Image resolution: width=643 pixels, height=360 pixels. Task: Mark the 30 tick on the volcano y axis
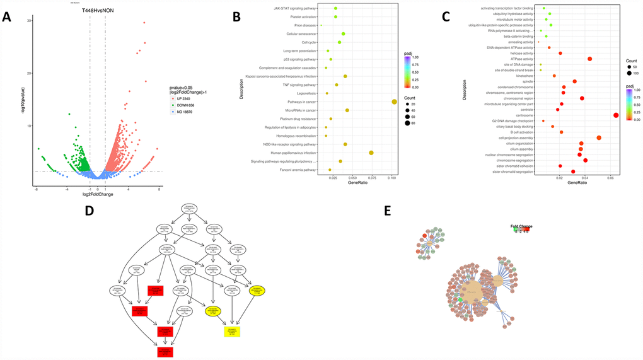point(29,21)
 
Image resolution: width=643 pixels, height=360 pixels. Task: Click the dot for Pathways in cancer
point(394,102)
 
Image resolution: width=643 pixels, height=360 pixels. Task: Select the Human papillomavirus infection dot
point(371,153)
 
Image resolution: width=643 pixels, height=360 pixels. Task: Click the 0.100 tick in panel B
point(392,178)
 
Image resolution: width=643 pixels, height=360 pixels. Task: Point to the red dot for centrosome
point(616,115)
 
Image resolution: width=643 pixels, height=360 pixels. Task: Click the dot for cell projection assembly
point(599,137)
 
